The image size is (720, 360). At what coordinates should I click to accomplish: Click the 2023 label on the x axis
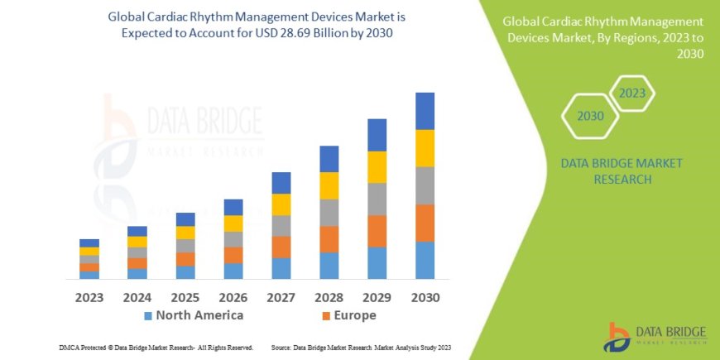pyautogui.click(x=89, y=297)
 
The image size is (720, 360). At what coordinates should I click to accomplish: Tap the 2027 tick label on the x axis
pyautogui.click(x=281, y=297)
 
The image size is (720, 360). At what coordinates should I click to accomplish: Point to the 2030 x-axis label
pyautogui.click(x=425, y=297)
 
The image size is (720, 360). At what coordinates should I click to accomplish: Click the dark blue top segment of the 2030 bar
pyautogui.click(x=425, y=111)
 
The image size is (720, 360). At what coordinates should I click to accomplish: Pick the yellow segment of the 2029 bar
pyautogui.click(x=377, y=167)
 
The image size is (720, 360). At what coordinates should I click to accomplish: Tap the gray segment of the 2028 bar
pyautogui.click(x=329, y=213)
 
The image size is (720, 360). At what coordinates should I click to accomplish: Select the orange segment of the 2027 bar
pyautogui.click(x=281, y=247)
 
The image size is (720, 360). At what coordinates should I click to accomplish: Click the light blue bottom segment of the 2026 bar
pyautogui.click(x=233, y=271)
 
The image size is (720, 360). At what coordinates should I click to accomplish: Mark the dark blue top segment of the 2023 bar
pyautogui.click(x=89, y=242)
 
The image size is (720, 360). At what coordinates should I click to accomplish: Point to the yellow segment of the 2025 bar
pyautogui.click(x=185, y=233)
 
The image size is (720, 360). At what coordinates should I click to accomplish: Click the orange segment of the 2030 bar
pyautogui.click(x=425, y=223)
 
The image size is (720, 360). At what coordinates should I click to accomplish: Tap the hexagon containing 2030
pyautogui.click(x=590, y=117)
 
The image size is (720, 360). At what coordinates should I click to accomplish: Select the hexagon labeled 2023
pyautogui.click(x=631, y=93)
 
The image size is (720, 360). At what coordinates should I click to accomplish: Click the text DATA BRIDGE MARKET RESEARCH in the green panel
pyautogui.click(x=622, y=171)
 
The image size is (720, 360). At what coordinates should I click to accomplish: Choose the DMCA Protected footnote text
pyautogui.click(x=156, y=348)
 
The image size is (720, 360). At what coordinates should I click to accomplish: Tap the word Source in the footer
pyautogui.click(x=282, y=348)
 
